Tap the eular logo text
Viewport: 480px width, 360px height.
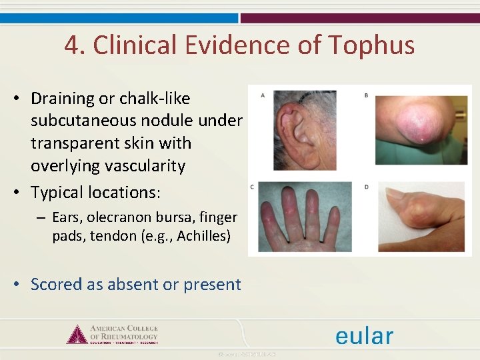[364, 336]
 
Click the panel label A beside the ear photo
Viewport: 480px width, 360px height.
[262, 95]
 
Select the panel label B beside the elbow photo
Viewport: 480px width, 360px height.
[366, 95]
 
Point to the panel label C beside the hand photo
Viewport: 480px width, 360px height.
[251, 187]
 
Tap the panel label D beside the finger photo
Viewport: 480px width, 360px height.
[366, 187]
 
